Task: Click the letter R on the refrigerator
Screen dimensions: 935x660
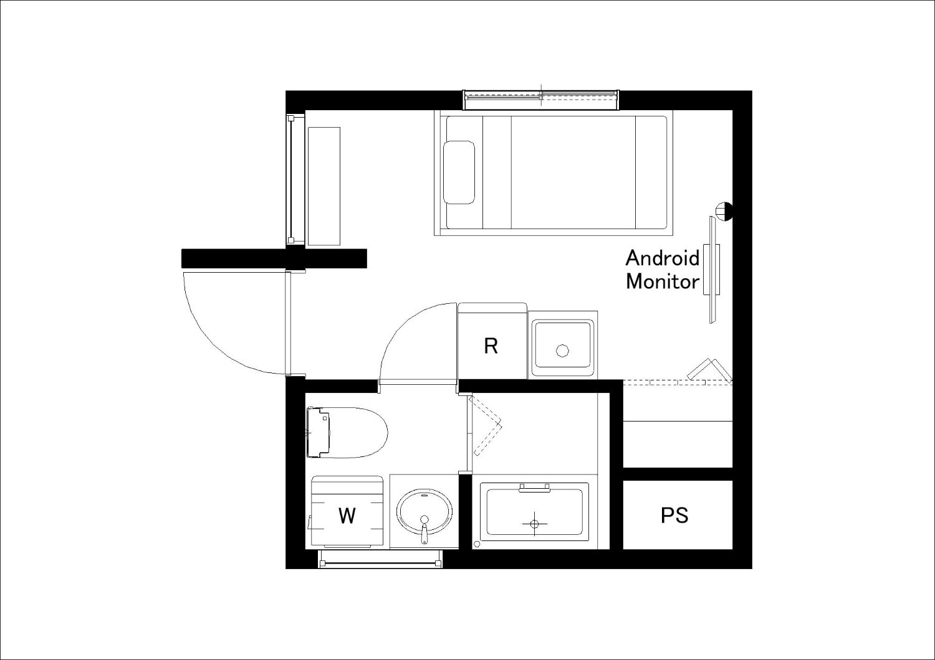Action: coord(491,346)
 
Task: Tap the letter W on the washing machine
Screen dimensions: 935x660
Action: coord(347,516)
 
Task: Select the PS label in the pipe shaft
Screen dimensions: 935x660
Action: coord(674,516)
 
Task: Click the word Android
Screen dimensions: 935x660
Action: coord(663,258)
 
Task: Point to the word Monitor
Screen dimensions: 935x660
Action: coord(663,282)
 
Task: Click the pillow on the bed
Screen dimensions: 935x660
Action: coord(459,172)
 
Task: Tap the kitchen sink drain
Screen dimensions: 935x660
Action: coord(562,350)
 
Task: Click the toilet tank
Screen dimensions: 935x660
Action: coord(318,433)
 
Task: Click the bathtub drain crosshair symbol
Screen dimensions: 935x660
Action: coord(535,523)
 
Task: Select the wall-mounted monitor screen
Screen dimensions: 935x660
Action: coord(712,270)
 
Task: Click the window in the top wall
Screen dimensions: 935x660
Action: coord(541,100)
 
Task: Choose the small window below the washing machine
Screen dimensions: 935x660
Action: coord(380,559)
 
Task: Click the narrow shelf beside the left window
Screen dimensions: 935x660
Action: coord(324,186)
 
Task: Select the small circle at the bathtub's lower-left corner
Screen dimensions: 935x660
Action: coord(477,544)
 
